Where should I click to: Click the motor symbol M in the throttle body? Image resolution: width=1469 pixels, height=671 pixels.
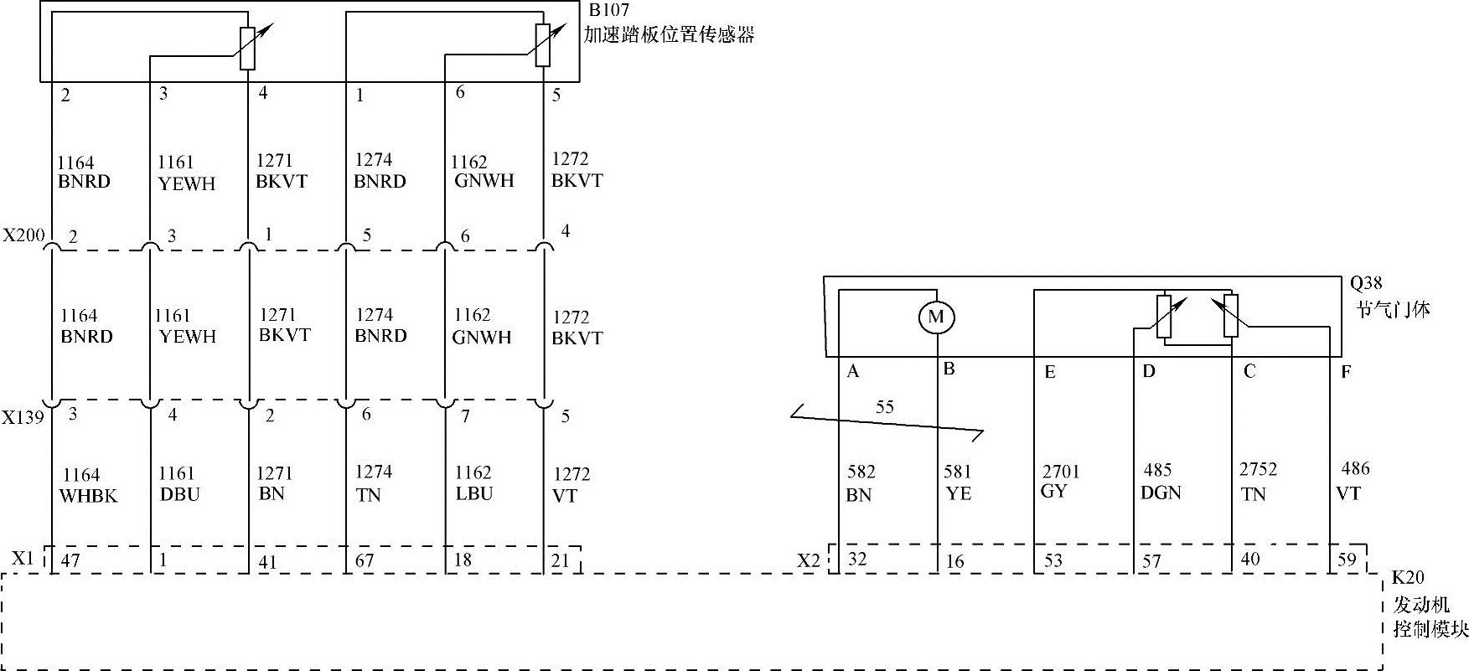tap(936, 317)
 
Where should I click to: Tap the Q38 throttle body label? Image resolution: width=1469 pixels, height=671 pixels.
tap(1365, 284)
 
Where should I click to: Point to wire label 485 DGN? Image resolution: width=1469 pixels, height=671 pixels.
tap(1160, 482)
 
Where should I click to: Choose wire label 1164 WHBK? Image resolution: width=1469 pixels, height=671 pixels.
tap(87, 485)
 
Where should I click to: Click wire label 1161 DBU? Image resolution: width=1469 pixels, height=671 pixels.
tap(178, 484)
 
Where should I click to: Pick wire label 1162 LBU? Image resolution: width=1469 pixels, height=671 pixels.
tap(473, 483)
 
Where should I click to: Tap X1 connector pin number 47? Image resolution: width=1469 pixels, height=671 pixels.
tap(70, 560)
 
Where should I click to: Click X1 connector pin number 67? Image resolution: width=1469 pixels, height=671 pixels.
tap(365, 560)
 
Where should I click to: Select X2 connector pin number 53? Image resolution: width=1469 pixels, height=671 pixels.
tap(1053, 560)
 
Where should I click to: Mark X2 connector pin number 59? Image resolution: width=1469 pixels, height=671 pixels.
tap(1347, 559)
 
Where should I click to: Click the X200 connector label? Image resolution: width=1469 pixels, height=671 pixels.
tap(23, 235)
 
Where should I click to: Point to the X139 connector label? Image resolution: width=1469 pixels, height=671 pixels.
tap(23, 416)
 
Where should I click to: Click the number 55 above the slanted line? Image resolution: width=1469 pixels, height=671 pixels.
tap(884, 407)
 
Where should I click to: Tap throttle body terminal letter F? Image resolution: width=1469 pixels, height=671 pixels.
tap(1346, 371)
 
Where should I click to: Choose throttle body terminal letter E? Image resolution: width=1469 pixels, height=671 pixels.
tap(1049, 373)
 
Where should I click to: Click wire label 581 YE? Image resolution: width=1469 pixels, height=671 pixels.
tap(958, 483)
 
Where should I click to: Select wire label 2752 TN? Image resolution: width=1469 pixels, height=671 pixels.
tap(1258, 482)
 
